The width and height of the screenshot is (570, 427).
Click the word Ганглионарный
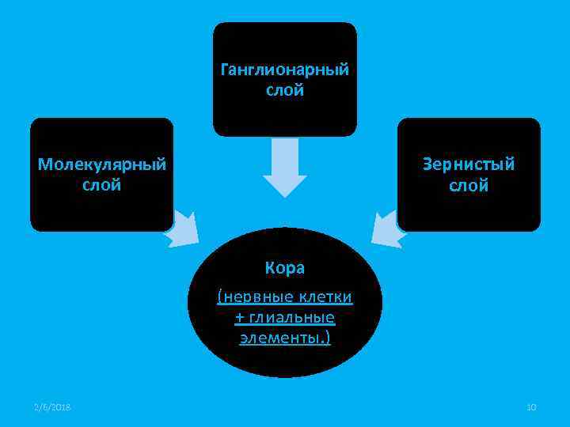tap(284, 70)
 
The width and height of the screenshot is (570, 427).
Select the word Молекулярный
tap(102, 164)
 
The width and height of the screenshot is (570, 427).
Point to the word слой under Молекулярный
tap(102, 186)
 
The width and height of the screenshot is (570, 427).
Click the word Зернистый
tap(469, 164)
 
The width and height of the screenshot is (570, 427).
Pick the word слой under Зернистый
tap(469, 186)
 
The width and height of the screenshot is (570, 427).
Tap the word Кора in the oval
tap(285, 268)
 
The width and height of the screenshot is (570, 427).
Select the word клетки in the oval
tap(325, 297)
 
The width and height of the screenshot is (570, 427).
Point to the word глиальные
tap(292, 318)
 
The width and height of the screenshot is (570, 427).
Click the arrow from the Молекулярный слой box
tap(184, 229)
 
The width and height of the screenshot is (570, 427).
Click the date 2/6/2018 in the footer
tap(52, 406)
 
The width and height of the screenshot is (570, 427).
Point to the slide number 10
tap(531, 406)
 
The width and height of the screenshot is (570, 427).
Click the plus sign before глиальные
tap(240, 318)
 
